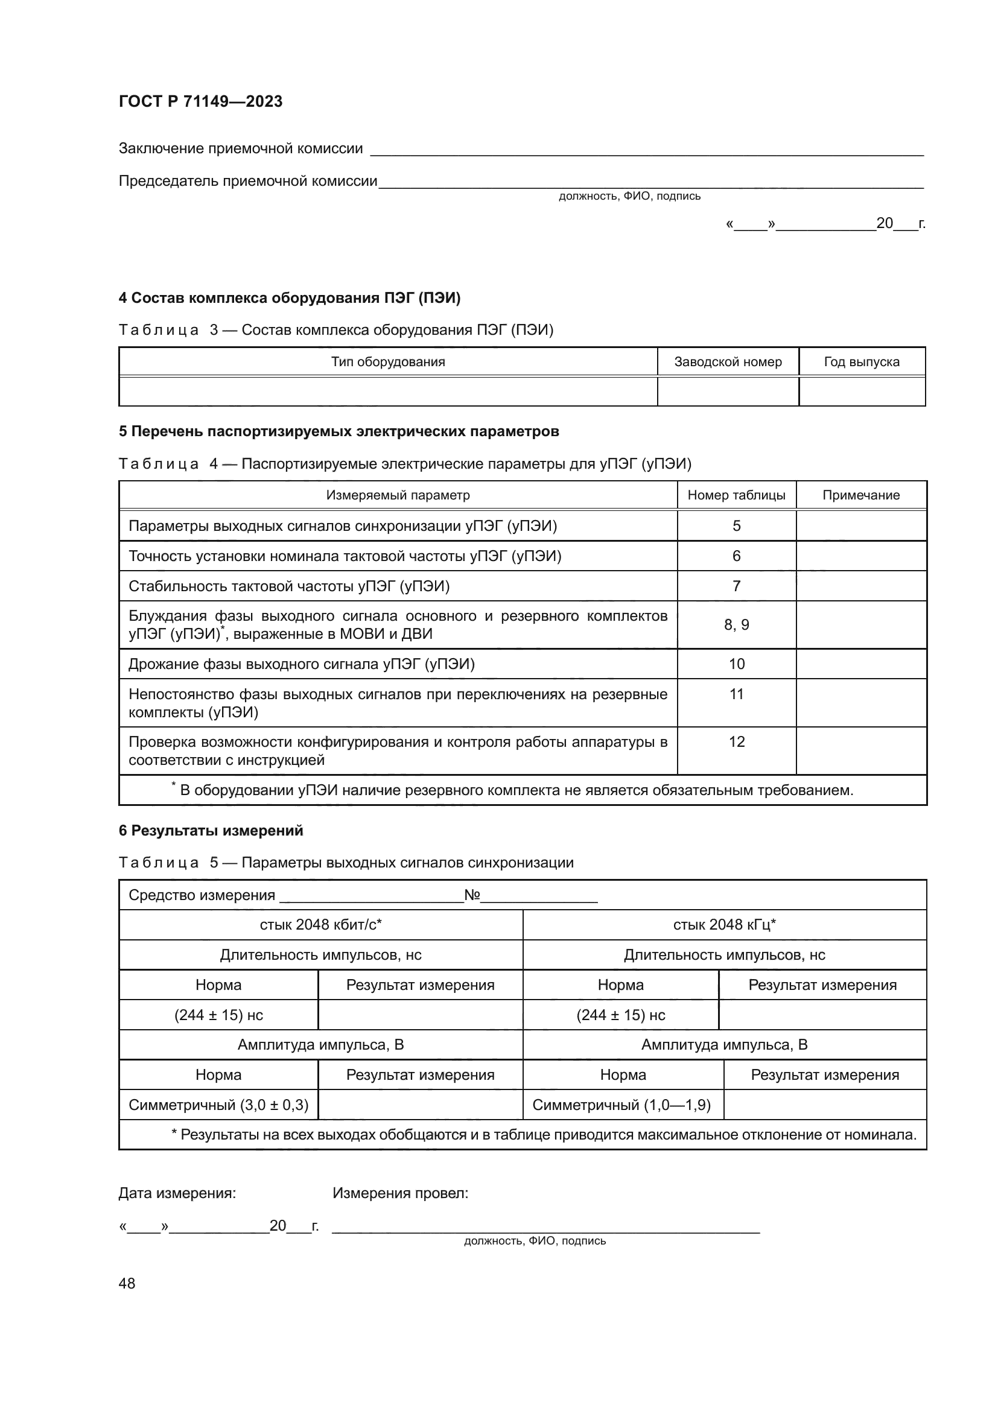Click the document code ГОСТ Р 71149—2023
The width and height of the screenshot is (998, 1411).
[x=200, y=101]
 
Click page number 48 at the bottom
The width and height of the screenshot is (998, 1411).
[x=127, y=1283]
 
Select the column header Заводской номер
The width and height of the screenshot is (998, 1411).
[x=728, y=362]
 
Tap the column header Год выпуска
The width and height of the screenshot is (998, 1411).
[x=862, y=362]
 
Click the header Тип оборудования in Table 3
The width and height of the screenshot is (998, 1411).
[x=388, y=362]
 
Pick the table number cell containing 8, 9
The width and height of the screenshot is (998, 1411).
[x=736, y=625]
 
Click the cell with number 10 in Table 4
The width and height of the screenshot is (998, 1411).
[x=736, y=664]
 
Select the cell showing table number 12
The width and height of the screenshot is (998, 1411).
[x=736, y=743]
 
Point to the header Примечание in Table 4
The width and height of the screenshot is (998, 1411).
[x=861, y=495]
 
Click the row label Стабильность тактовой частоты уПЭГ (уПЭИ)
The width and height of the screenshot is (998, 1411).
[x=289, y=586]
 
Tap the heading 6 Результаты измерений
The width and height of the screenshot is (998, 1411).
[x=211, y=831]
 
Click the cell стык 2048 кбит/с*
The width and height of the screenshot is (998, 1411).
[x=321, y=925]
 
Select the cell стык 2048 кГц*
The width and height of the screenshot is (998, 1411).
[x=725, y=925]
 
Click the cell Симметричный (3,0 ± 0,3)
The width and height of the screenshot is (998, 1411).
[x=218, y=1105]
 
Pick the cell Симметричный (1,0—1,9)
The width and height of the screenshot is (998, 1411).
[x=621, y=1105]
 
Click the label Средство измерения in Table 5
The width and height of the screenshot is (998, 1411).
[x=202, y=895]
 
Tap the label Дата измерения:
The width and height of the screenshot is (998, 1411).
[x=177, y=1193]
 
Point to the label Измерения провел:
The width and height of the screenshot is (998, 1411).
[x=400, y=1193]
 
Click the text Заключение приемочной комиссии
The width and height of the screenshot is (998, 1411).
[x=240, y=149]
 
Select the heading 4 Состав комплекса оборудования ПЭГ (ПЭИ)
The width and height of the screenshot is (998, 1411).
[x=290, y=298]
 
